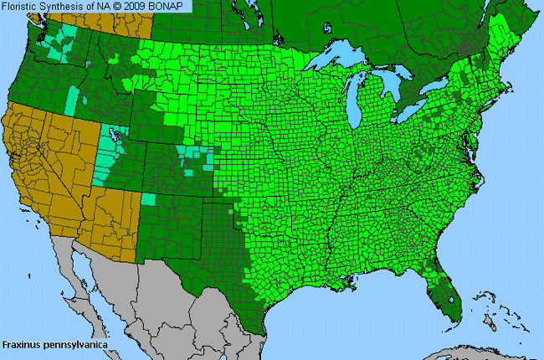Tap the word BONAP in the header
click(x=171, y=6)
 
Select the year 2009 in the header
click(x=142, y=6)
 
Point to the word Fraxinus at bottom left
click(x=20, y=344)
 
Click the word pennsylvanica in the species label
click(x=72, y=344)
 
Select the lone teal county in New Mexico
click(x=149, y=199)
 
